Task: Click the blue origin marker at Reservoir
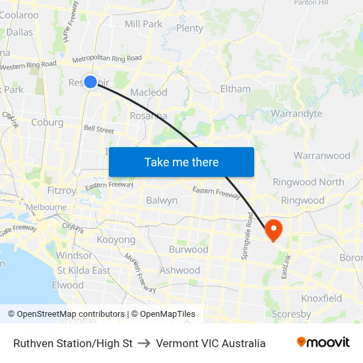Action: click(x=90, y=81)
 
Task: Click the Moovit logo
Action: click(x=323, y=343)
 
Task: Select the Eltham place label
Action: click(x=236, y=88)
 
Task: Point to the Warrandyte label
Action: click(x=296, y=114)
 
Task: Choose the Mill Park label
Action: click(x=143, y=24)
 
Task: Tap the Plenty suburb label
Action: click(x=189, y=28)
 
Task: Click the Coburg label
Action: click(x=48, y=122)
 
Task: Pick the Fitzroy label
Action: click(x=61, y=190)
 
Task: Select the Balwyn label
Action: click(x=162, y=200)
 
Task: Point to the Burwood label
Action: click(x=188, y=249)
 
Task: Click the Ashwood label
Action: click(x=180, y=270)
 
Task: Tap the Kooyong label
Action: click(x=115, y=240)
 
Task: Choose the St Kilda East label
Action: click(x=84, y=271)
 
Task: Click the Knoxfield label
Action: click(x=321, y=298)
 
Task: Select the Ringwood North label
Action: click(x=308, y=182)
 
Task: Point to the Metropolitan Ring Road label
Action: click(x=107, y=59)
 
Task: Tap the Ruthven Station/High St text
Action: click(x=73, y=343)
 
